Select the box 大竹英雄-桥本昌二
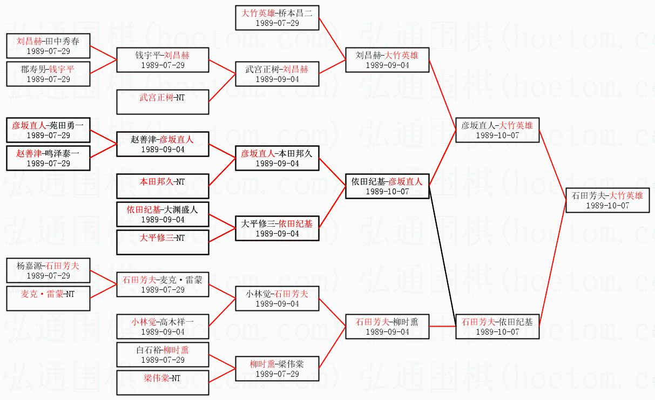(x=278, y=17)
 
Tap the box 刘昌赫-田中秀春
(x=48, y=45)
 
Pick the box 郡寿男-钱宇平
(x=48, y=73)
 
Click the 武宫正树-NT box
(x=163, y=102)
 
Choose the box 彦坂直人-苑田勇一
(x=48, y=130)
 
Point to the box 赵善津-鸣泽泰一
(x=48, y=158)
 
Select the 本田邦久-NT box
(x=163, y=187)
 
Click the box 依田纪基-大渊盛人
(x=163, y=214)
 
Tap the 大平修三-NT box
(x=163, y=242)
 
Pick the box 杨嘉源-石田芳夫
(x=48, y=270)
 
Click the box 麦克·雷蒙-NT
(x=48, y=299)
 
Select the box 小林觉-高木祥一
(x=163, y=326)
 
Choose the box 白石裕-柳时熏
(x=163, y=354)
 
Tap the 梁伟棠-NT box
(x=163, y=383)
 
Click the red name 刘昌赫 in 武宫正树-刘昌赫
(x=296, y=69)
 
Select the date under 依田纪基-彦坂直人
(x=387, y=192)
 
